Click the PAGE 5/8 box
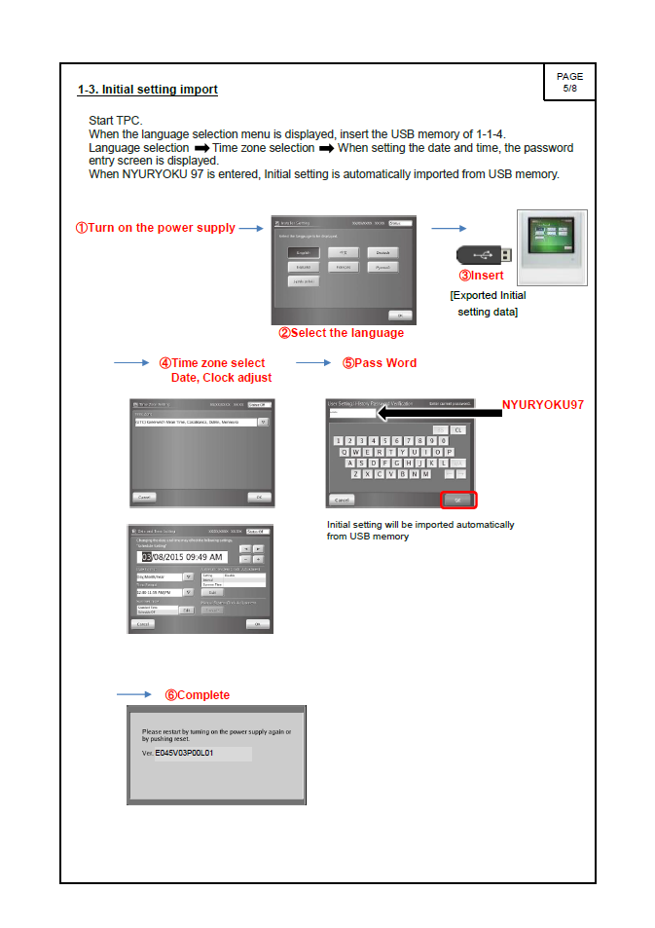[x=569, y=82]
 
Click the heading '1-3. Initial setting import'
[x=148, y=91]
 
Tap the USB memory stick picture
[x=481, y=255]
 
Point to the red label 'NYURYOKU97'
[x=542, y=404]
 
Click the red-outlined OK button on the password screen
[x=458, y=500]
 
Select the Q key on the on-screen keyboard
[x=345, y=452]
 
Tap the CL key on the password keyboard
[x=458, y=429]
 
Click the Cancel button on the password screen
[x=342, y=500]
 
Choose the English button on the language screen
[x=304, y=252]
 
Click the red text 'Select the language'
[x=342, y=333]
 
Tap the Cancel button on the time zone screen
[x=144, y=497]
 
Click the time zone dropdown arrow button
[x=263, y=422]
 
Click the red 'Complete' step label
[x=198, y=695]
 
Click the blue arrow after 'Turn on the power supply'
[x=251, y=228]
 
